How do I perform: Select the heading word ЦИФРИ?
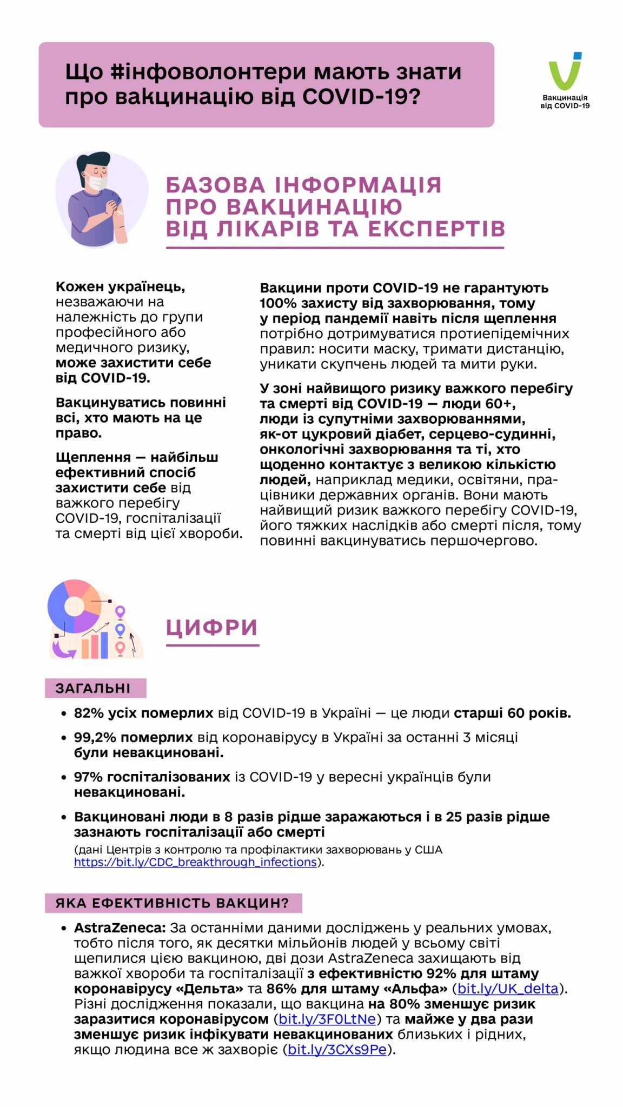[211, 628]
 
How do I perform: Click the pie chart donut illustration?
[75, 606]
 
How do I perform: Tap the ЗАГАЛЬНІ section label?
[93, 688]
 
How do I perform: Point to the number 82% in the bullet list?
[89, 713]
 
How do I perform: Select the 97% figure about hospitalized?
[88, 777]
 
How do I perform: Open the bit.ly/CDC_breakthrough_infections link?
[195, 862]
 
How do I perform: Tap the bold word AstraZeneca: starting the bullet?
[120, 928]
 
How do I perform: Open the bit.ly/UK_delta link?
[507, 989]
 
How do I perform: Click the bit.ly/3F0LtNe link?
[327, 1019]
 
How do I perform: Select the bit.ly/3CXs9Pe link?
[337, 1049]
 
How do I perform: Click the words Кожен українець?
[120, 286]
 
